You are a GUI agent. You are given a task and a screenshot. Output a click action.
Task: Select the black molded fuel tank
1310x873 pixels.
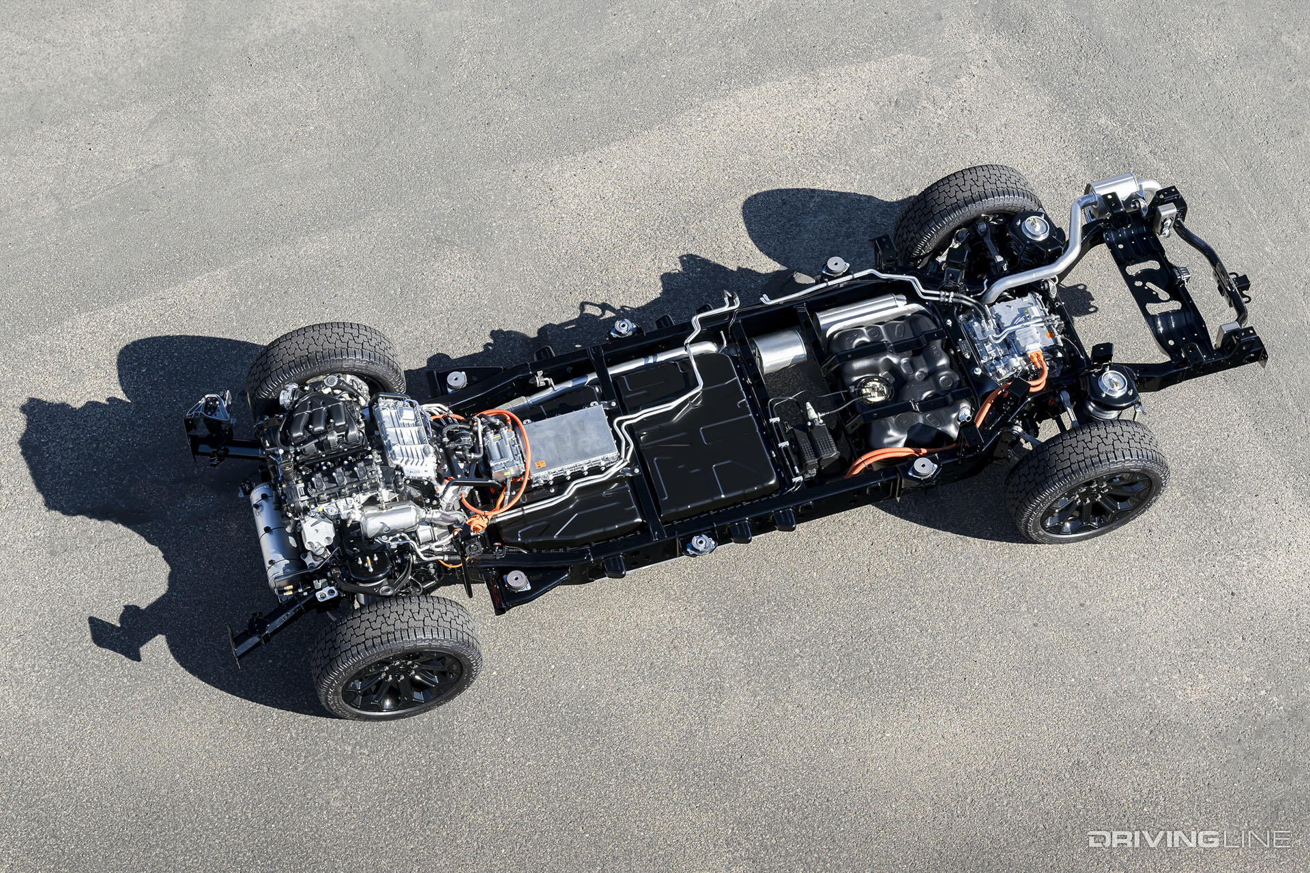click(901, 382)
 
